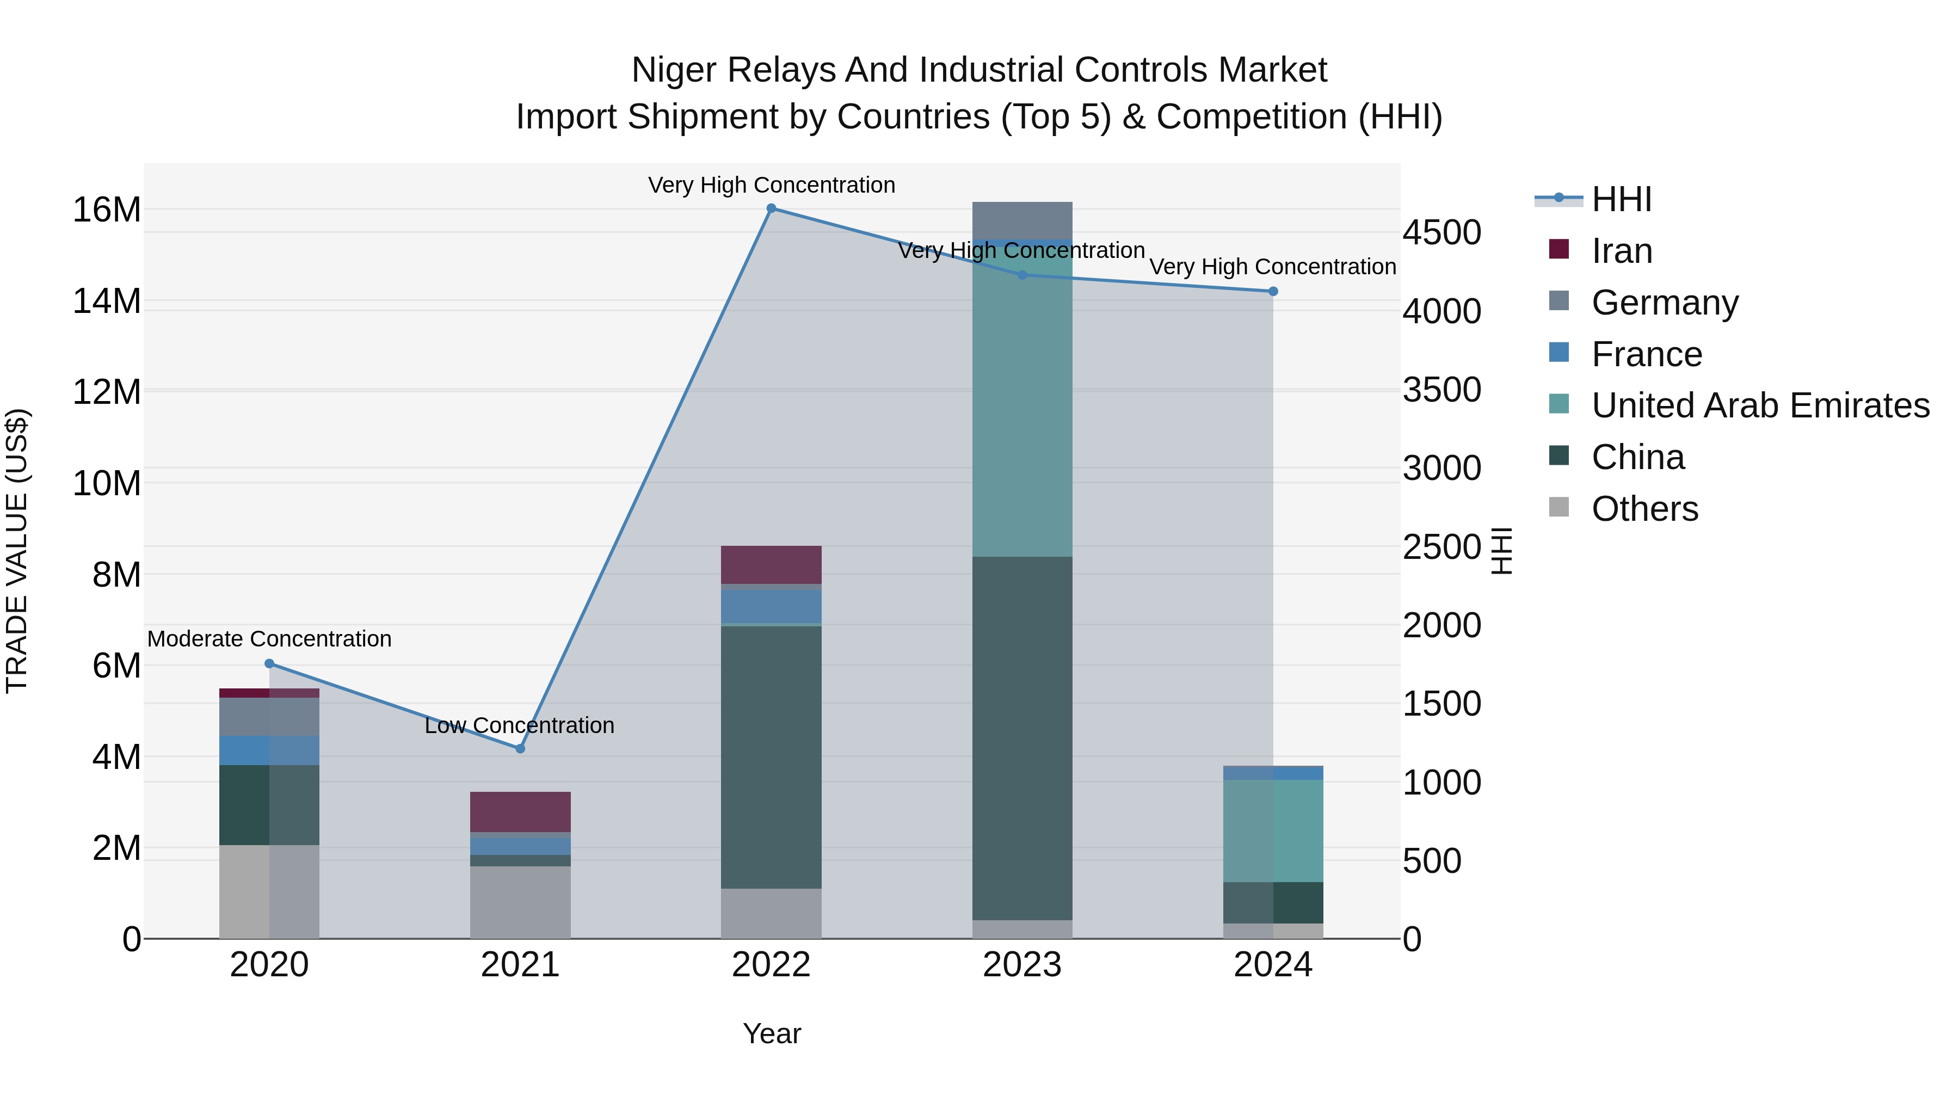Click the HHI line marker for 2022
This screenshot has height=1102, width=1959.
tap(771, 208)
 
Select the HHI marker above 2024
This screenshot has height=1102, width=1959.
tap(1273, 291)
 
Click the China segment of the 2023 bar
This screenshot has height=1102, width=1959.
tap(1022, 738)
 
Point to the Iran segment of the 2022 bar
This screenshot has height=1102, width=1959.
tap(771, 564)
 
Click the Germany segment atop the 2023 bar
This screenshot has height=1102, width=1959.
tap(1022, 220)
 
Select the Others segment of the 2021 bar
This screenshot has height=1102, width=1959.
tap(520, 902)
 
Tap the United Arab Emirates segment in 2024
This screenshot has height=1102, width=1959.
tap(1273, 830)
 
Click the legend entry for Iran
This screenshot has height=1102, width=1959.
tap(1622, 251)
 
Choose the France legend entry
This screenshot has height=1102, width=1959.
tap(1647, 354)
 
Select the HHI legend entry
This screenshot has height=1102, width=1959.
tap(1622, 199)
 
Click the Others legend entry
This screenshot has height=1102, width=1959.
tap(1644, 509)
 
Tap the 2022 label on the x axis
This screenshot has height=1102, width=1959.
tap(771, 965)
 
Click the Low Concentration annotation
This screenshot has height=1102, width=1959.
tap(520, 725)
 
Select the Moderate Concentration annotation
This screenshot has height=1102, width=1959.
tap(269, 639)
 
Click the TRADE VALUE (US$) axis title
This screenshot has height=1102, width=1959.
tap(17, 551)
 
